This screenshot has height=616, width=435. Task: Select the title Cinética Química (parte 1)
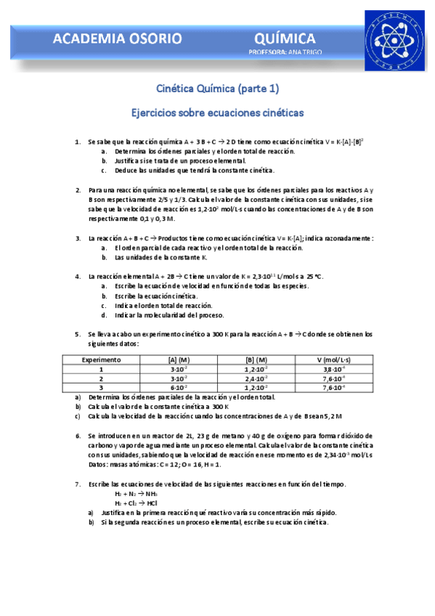pyautogui.click(x=217, y=89)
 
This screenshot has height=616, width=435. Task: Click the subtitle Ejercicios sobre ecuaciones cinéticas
pyautogui.click(x=217, y=113)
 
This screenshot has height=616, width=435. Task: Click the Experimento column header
pyautogui.click(x=102, y=360)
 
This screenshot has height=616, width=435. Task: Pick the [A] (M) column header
pyautogui.click(x=179, y=360)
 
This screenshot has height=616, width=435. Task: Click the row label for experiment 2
pyautogui.click(x=102, y=378)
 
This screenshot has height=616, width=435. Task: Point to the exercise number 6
pyautogui.click(x=78, y=436)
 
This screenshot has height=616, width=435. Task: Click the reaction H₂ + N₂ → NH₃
pyautogui.click(x=131, y=493)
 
